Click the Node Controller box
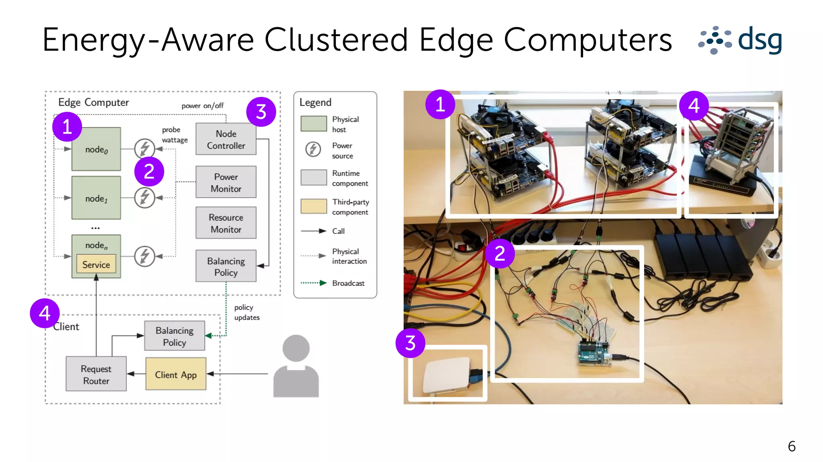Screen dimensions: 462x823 click(226, 139)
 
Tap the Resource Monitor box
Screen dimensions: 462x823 click(226, 223)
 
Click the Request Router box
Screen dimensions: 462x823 click(96, 374)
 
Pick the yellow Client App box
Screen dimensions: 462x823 click(176, 374)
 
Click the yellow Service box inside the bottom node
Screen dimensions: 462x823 click(96, 264)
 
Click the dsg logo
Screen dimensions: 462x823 click(741, 40)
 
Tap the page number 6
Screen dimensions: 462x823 click(791, 446)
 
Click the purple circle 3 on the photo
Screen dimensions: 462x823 click(410, 343)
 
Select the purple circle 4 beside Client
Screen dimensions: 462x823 click(45, 313)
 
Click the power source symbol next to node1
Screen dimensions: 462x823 click(145, 198)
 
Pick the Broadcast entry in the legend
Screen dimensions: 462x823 click(348, 283)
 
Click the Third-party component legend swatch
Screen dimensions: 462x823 click(314, 206)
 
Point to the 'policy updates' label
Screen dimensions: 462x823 click(246, 312)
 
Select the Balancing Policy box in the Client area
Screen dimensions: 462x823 click(174, 336)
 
